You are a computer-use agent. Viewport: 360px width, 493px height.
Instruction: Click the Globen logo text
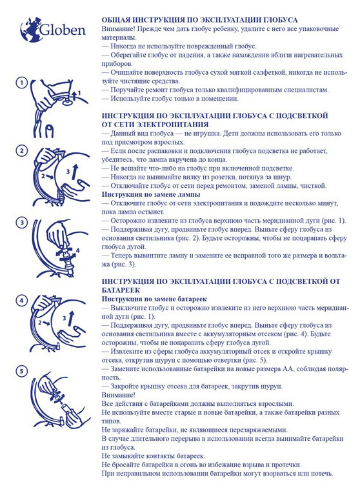point(63,30)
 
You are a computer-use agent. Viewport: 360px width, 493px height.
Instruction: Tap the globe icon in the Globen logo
point(31,30)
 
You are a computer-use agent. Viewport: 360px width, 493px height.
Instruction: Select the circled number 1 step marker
point(22,83)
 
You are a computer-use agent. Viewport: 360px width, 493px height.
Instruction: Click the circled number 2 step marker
point(22,151)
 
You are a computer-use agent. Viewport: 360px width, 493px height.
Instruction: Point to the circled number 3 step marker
point(22,223)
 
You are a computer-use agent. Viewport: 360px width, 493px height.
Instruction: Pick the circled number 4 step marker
point(22,301)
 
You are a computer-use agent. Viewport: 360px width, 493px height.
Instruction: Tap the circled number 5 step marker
point(22,371)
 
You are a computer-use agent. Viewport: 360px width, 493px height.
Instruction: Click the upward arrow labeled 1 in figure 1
point(74,94)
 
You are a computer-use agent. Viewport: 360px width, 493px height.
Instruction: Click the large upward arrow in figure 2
point(75,172)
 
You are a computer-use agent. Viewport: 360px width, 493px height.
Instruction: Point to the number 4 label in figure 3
point(77,250)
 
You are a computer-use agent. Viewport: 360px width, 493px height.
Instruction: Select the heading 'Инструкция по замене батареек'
point(154,299)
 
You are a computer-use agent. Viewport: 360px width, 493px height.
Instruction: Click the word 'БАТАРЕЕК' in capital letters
point(121,290)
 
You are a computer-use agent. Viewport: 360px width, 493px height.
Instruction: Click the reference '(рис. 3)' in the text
point(124,264)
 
